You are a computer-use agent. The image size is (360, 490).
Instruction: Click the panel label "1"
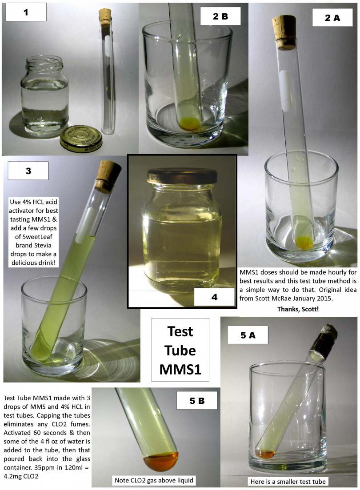tap(26, 12)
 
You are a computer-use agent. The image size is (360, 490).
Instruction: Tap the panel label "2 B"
tap(220, 16)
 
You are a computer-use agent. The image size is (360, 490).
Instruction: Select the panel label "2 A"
tap(332, 17)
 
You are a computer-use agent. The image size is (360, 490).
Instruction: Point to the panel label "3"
tap(28, 171)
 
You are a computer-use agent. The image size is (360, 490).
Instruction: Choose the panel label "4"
tap(214, 297)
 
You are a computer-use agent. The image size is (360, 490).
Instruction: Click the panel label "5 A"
tap(248, 335)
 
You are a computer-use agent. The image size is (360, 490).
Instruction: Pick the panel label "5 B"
tap(197, 401)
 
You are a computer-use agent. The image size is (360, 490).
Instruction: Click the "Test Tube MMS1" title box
tap(180, 350)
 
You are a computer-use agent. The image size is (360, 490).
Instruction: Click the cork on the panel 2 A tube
tap(284, 32)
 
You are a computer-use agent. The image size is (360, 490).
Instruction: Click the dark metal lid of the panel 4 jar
tap(182, 176)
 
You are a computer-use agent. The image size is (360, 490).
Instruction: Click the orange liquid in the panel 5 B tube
tap(161, 462)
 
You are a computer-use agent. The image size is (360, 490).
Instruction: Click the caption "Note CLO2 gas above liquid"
tap(154, 480)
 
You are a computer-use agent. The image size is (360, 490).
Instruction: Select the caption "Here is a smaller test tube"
tap(288, 481)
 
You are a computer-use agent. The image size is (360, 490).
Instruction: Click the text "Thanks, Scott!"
tap(298, 309)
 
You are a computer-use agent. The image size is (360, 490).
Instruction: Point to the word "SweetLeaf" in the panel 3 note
tap(33, 237)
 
